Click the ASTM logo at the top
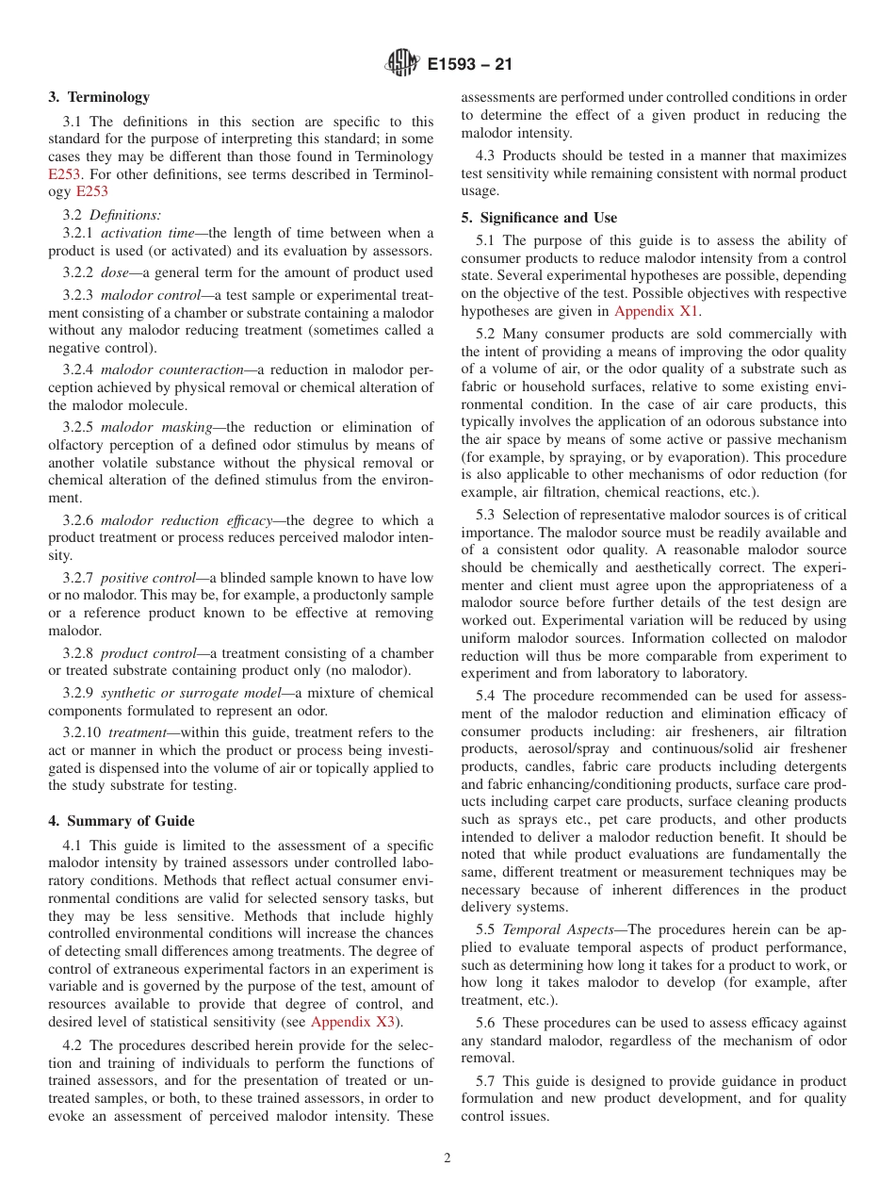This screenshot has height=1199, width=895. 402,64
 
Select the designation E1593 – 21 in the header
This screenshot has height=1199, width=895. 470,65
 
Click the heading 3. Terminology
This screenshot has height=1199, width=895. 99,97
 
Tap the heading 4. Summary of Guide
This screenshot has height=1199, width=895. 122,821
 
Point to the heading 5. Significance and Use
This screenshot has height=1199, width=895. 539,218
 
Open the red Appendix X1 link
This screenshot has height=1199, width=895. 657,311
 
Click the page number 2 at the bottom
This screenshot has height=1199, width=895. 447,1158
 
